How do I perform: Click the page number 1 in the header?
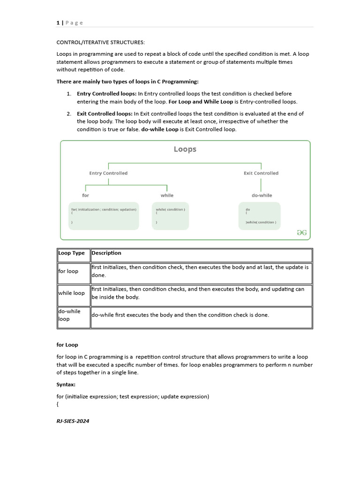pyautogui.click(x=58, y=23)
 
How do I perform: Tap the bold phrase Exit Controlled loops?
pyautogui.click(x=105, y=113)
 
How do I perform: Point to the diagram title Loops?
pyautogui.click(x=185, y=149)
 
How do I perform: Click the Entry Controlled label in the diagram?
pyautogui.click(x=108, y=173)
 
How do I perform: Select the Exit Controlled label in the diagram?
pyautogui.click(x=261, y=173)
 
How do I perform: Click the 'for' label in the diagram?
pyautogui.click(x=85, y=195)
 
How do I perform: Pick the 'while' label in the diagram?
pyautogui.click(x=167, y=195)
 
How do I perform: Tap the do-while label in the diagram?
pyautogui.click(x=262, y=195)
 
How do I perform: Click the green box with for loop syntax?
pyautogui.click(x=104, y=216)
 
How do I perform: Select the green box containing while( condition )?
pyautogui.click(x=170, y=216)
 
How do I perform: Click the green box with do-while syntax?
pyautogui.click(x=260, y=216)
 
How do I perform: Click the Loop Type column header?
pyautogui.click(x=72, y=253)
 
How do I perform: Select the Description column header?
pyautogui.click(x=106, y=253)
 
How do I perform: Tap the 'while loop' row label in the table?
pyautogui.click(x=72, y=293)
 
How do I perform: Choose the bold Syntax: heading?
pyautogui.click(x=66, y=384)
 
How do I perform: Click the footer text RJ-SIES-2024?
pyautogui.click(x=73, y=421)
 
